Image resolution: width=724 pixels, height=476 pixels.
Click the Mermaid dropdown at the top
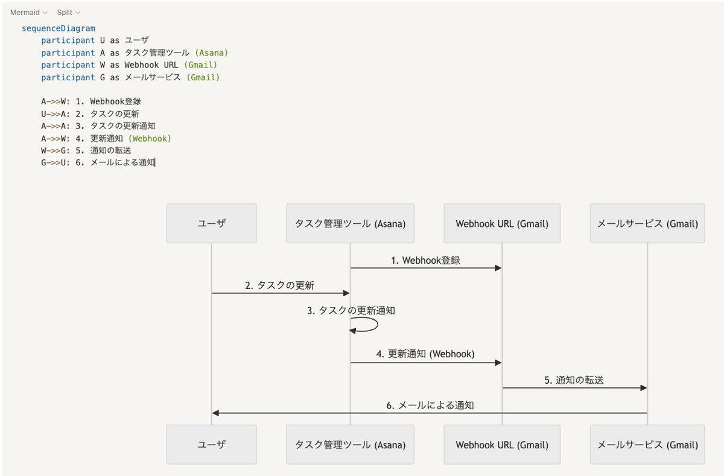tap(28, 12)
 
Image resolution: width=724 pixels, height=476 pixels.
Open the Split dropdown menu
tap(68, 12)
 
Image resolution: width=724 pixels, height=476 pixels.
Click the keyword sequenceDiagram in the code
tap(59, 28)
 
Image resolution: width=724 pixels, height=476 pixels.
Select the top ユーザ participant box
tap(211, 223)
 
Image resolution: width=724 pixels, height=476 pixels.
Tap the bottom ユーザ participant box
tap(211, 445)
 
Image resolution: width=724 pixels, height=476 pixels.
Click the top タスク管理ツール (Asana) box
tap(350, 223)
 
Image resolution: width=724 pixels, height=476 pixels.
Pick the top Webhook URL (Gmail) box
tap(502, 223)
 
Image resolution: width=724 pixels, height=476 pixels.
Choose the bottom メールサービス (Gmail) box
tap(647, 445)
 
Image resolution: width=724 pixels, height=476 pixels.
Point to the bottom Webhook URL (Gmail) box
tap(502, 445)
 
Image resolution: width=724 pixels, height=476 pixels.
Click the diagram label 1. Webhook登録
tap(425, 261)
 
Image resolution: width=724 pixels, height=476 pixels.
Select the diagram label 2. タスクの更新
tap(279, 285)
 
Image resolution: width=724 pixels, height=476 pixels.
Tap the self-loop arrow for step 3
tap(366, 326)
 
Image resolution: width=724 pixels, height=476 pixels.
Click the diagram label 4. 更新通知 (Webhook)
tap(425, 354)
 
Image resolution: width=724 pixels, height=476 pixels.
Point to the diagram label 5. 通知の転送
tap(574, 380)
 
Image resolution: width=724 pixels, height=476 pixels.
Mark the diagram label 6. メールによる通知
tap(430, 405)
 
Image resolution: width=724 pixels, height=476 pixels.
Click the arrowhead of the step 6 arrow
tap(215, 413)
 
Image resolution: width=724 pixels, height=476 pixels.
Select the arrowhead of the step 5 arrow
tap(644, 388)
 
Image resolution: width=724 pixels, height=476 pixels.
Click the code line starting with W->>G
tap(86, 150)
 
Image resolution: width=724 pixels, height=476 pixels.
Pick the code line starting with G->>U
tap(98, 162)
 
